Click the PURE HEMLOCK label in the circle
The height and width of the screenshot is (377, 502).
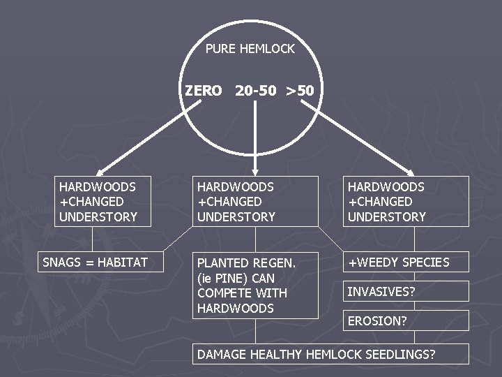(250, 49)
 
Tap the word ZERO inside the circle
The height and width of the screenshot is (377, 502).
(204, 91)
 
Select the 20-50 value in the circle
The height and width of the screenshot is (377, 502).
(256, 91)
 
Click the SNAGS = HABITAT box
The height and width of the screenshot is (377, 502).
(95, 263)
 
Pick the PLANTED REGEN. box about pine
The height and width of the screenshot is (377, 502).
(255, 285)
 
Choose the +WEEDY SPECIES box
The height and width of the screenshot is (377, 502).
(405, 263)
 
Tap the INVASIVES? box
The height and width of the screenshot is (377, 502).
(405, 291)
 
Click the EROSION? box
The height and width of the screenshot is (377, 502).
(405, 320)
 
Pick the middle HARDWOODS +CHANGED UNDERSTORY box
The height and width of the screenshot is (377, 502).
(255, 201)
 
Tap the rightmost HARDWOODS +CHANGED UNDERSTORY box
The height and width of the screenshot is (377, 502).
(405, 201)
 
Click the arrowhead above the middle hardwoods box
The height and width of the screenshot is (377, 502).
(255, 171)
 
